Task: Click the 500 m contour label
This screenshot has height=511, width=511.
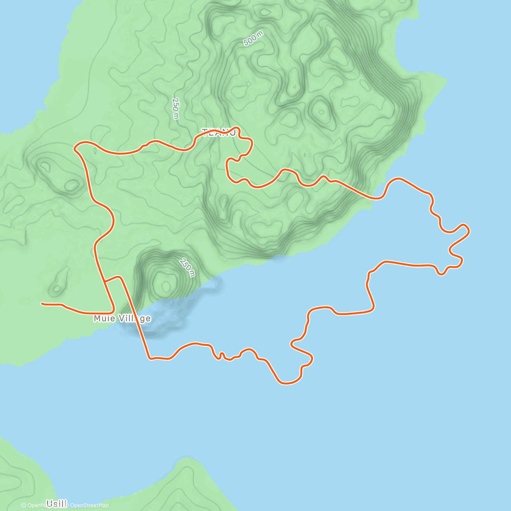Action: pos(253,39)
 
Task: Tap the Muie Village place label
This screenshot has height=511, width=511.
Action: pos(122,319)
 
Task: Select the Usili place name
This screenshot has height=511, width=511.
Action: pos(56,504)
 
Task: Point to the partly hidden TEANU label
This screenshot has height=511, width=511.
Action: pos(218,133)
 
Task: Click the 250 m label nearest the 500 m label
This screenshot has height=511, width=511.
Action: pos(175,108)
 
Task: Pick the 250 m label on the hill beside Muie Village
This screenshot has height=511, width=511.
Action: pos(187,267)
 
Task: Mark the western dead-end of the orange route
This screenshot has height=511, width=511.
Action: pos(42,304)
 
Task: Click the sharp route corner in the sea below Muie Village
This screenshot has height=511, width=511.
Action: pos(149,358)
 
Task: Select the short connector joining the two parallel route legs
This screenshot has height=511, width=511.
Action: pos(113,278)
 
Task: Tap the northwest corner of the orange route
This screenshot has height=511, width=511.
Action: pos(75,148)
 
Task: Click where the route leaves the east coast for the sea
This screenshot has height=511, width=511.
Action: pos(375,198)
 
